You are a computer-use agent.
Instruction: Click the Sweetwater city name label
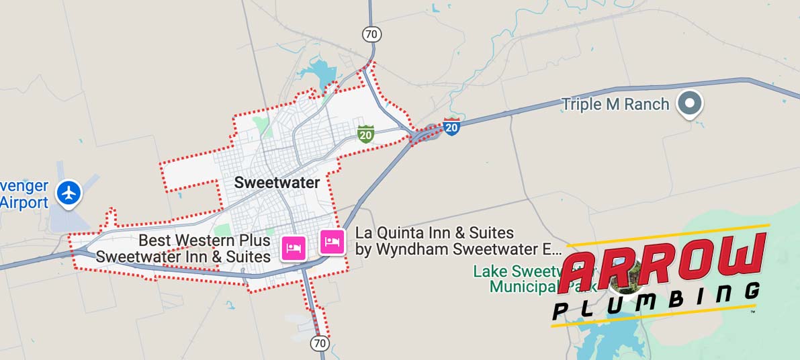click(x=277, y=182)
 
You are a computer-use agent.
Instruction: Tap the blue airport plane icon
click(x=69, y=192)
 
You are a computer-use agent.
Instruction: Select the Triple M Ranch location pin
click(x=689, y=103)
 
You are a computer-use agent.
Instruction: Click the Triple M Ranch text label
click(x=615, y=104)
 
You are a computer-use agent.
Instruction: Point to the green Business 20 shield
click(x=365, y=133)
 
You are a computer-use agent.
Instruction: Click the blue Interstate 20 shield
click(x=452, y=126)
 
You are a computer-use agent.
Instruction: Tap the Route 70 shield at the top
click(x=370, y=34)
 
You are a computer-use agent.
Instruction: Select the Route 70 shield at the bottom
click(x=320, y=343)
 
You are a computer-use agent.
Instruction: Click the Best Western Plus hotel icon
click(x=294, y=248)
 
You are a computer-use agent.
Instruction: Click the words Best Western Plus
click(x=204, y=240)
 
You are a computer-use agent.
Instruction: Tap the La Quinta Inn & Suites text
click(x=435, y=233)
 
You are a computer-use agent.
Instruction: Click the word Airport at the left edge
click(x=24, y=203)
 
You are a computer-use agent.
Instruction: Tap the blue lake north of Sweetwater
click(x=316, y=72)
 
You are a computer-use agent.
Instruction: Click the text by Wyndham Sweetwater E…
click(x=458, y=250)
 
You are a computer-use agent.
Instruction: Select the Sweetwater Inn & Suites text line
click(x=183, y=257)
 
